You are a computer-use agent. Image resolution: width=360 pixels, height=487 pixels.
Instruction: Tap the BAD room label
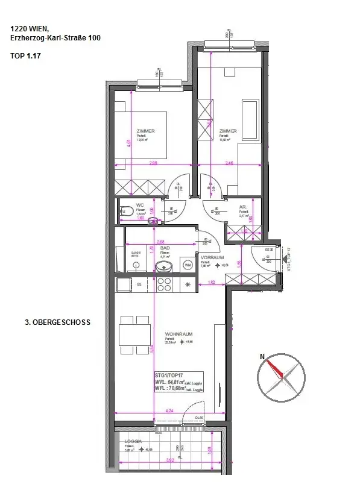pos(163,248)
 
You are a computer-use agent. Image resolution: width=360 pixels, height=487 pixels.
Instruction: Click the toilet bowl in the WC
pos(126,211)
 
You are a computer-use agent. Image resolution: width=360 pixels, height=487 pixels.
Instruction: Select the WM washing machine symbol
pos(188,265)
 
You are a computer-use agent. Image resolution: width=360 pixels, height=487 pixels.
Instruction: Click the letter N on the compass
pos(262,357)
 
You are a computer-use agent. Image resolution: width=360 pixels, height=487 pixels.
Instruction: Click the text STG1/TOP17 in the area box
pos(169,374)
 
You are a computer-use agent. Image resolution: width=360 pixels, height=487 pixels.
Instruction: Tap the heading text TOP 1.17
pos(26,55)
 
